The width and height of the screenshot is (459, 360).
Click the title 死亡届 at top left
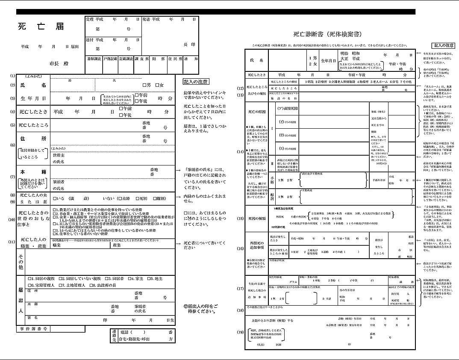(x=41, y=27)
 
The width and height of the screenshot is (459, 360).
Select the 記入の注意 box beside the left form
(x=196, y=81)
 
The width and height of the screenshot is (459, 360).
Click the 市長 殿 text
(x=58, y=63)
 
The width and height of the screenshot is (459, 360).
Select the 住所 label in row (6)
(x=32, y=139)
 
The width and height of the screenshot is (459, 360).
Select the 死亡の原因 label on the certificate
(x=257, y=112)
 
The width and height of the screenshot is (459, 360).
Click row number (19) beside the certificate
(x=240, y=332)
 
